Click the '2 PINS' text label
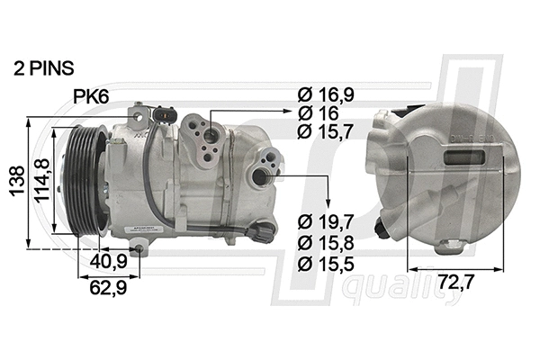pos(44,67)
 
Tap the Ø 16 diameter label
pos(317,113)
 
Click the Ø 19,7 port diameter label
pos(327,221)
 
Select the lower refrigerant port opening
pos(264,175)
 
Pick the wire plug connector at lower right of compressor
pos(261,232)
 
